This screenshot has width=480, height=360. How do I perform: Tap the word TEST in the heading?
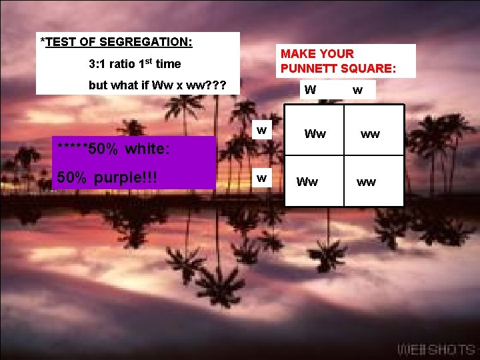point(64,42)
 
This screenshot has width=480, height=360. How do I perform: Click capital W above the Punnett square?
point(310,90)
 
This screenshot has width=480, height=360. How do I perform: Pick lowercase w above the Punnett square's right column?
point(358,90)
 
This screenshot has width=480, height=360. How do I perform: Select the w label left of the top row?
point(263,129)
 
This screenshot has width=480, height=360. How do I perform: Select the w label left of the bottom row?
point(263,177)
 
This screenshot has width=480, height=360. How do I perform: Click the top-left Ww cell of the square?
point(315,134)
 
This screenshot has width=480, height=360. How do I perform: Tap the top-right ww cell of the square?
point(370,134)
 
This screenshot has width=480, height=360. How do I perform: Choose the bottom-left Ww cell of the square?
point(307,181)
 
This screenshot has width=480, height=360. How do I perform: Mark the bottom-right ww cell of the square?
point(365,181)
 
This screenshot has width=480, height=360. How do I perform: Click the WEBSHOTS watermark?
point(436,349)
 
